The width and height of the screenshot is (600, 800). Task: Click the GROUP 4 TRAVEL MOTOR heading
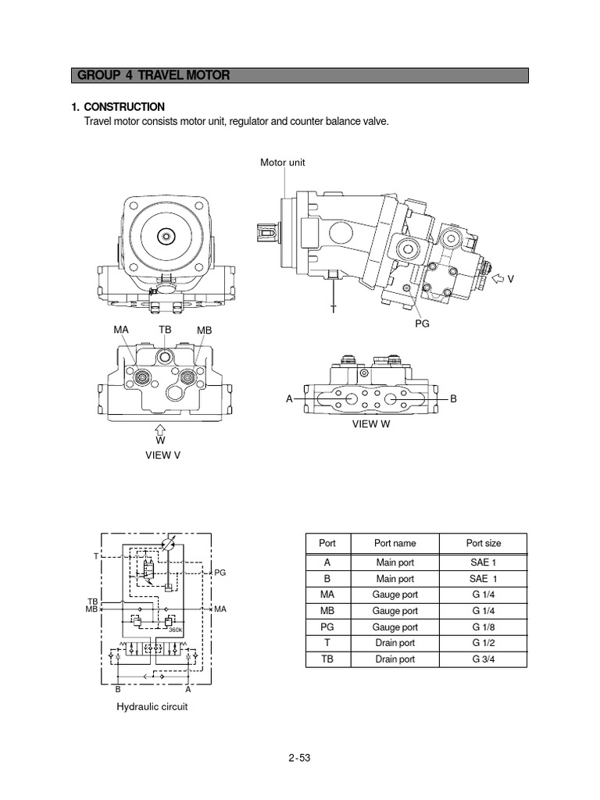coord(153,76)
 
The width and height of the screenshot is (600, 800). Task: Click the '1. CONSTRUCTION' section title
coord(118,107)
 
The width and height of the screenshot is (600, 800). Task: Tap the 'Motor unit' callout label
coord(283,162)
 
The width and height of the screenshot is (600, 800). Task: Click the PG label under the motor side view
coord(423,322)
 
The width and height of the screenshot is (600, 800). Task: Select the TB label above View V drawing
coord(165,330)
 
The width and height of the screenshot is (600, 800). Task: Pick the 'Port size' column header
coord(484,543)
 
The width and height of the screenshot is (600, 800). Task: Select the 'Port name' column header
coord(395,543)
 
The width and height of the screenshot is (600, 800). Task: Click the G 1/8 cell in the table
coord(484,627)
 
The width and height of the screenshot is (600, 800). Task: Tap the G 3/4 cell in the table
coord(484,659)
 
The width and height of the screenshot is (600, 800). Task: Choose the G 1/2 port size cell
coord(484,643)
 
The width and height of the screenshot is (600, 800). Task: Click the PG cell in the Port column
coord(327,627)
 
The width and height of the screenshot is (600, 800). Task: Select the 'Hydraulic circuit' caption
coord(152,706)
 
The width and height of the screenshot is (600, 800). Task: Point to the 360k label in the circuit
coord(175,630)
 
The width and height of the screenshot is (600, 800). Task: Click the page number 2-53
coord(299,757)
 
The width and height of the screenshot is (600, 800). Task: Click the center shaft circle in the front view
coord(164,235)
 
